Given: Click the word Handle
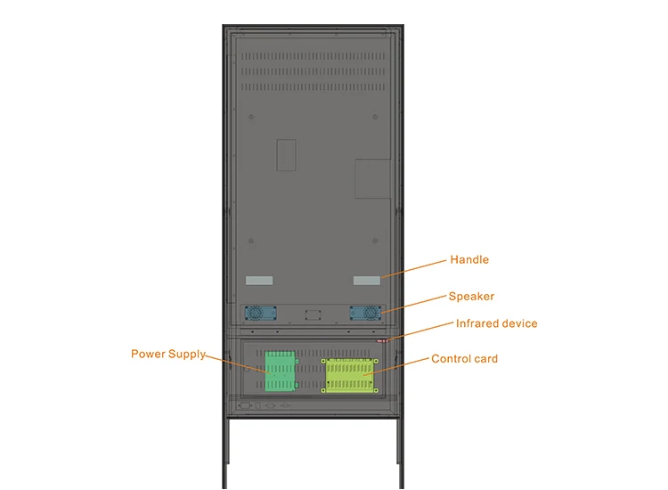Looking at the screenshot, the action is tap(469, 260).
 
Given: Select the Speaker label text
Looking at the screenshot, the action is tap(471, 297).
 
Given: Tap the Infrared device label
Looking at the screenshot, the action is tap(497, 323).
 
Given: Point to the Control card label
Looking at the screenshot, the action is tap(464, 359).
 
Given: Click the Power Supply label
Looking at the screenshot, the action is tap(168, 354).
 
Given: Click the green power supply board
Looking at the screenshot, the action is tap(280, 371).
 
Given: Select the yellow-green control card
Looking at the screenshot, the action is tap(348, 375).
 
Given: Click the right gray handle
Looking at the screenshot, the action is tap(366, 281).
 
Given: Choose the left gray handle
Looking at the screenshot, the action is tap(257, 281).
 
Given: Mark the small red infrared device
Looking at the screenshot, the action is tap(384, 339).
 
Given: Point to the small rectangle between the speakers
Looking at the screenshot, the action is tap(312, 314).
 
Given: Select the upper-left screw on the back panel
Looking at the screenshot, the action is tap(252, 115).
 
